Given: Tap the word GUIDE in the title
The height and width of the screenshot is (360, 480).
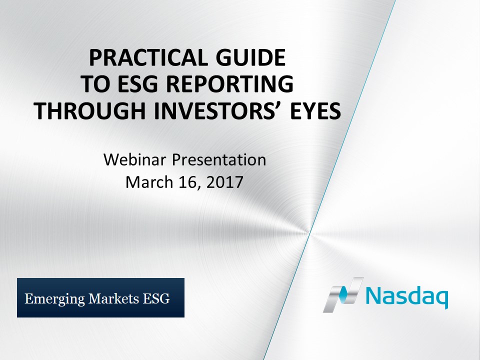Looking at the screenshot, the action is point(250,58).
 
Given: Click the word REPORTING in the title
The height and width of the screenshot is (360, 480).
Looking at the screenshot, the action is point(230,84).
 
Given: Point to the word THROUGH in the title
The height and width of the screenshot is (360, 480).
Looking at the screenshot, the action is point(89,110).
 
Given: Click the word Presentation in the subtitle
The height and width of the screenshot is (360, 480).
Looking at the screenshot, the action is point(219,160).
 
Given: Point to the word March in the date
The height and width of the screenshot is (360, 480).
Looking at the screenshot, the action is point(149,182).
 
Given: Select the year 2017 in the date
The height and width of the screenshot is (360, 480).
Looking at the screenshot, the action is point(224,182).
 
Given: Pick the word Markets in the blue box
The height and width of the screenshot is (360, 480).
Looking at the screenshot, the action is point(113,298).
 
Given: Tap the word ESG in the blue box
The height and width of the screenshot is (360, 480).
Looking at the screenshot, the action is point(156,298).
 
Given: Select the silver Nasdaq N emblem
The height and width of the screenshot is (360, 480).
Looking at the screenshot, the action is point(343,295).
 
